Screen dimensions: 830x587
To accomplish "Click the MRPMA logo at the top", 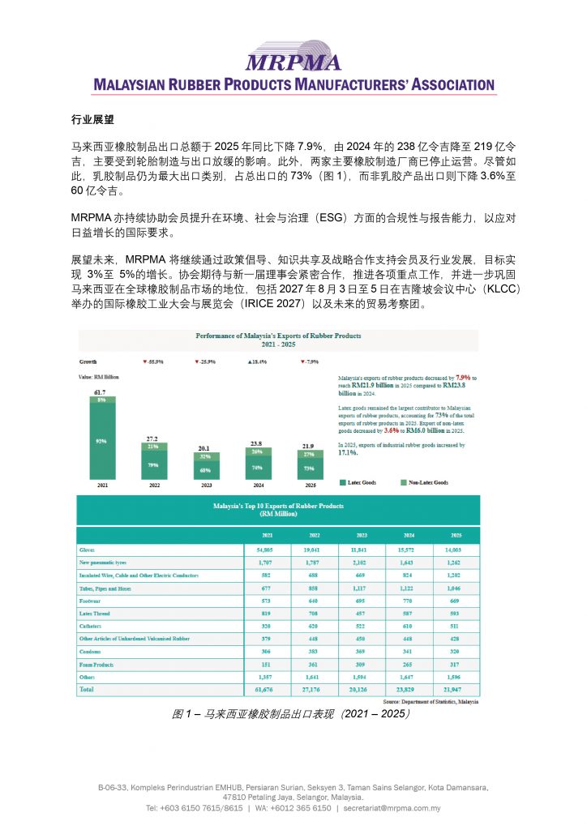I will (x=293, y=58).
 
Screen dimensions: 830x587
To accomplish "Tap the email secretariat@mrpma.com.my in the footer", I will (x=392, y=808).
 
